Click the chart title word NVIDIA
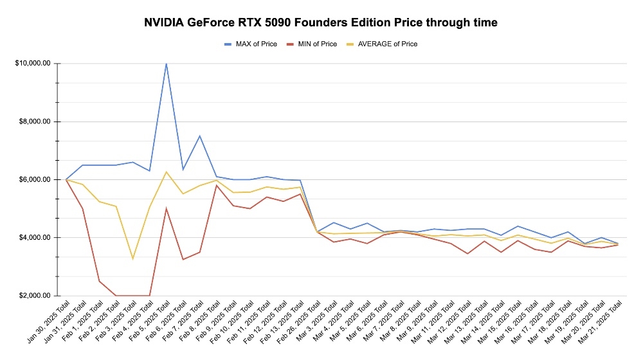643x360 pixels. tap(167, 22)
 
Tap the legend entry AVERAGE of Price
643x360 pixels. tap(387, 44)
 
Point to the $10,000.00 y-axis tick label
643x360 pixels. tap(36, 64)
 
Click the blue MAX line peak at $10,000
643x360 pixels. tap(167, 64)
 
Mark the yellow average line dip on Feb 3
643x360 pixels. tap(132, 258)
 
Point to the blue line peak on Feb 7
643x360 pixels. tap(200, 136)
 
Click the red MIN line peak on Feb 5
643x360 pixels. tap(167, 208)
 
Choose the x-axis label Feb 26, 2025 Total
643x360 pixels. tap(297, 325)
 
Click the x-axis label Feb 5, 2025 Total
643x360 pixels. tap(147, 325)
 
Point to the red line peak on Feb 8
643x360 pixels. tap(217, 185)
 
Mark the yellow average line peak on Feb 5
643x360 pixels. tap(167, 172)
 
